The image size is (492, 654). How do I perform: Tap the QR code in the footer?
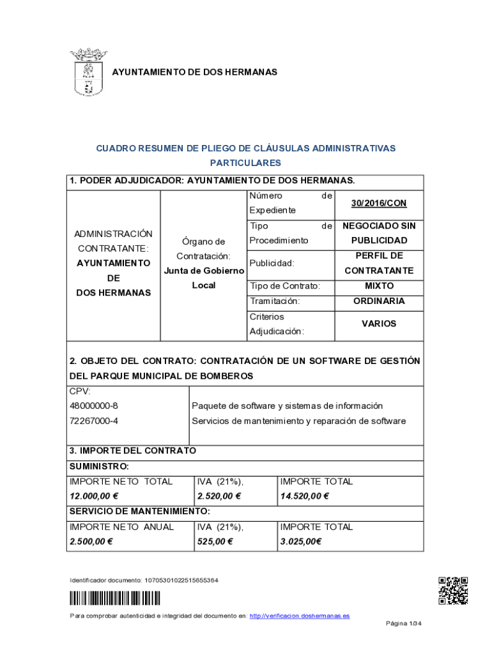[453, 590]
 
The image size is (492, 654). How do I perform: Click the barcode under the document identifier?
[115, 598]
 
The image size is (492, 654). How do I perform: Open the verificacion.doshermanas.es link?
[299, 616]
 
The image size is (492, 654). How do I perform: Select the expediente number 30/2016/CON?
[379, 203]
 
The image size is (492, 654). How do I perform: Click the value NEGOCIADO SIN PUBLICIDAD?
[379, 233]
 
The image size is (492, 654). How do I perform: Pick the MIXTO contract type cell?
[379, 286]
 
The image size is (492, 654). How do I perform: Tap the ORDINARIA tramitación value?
[379, 301]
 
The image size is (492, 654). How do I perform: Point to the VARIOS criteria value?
[379, 324]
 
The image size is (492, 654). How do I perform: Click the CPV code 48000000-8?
[94, 406]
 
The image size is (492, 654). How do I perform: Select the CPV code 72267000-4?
[94, 421]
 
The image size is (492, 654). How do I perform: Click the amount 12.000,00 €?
[95, 496]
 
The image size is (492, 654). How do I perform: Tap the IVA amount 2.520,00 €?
[219, 496]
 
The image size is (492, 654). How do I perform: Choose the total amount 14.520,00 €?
[304, 496]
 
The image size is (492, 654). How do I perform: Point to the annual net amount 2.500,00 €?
[91, 542]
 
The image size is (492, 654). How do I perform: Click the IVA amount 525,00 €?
[215, 542]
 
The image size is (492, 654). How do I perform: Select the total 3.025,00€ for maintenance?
[301, 542]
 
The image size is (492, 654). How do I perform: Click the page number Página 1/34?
[404, 623]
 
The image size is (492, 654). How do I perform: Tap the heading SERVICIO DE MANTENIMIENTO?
[139, 512]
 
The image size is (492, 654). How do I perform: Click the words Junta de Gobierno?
[204, 271]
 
